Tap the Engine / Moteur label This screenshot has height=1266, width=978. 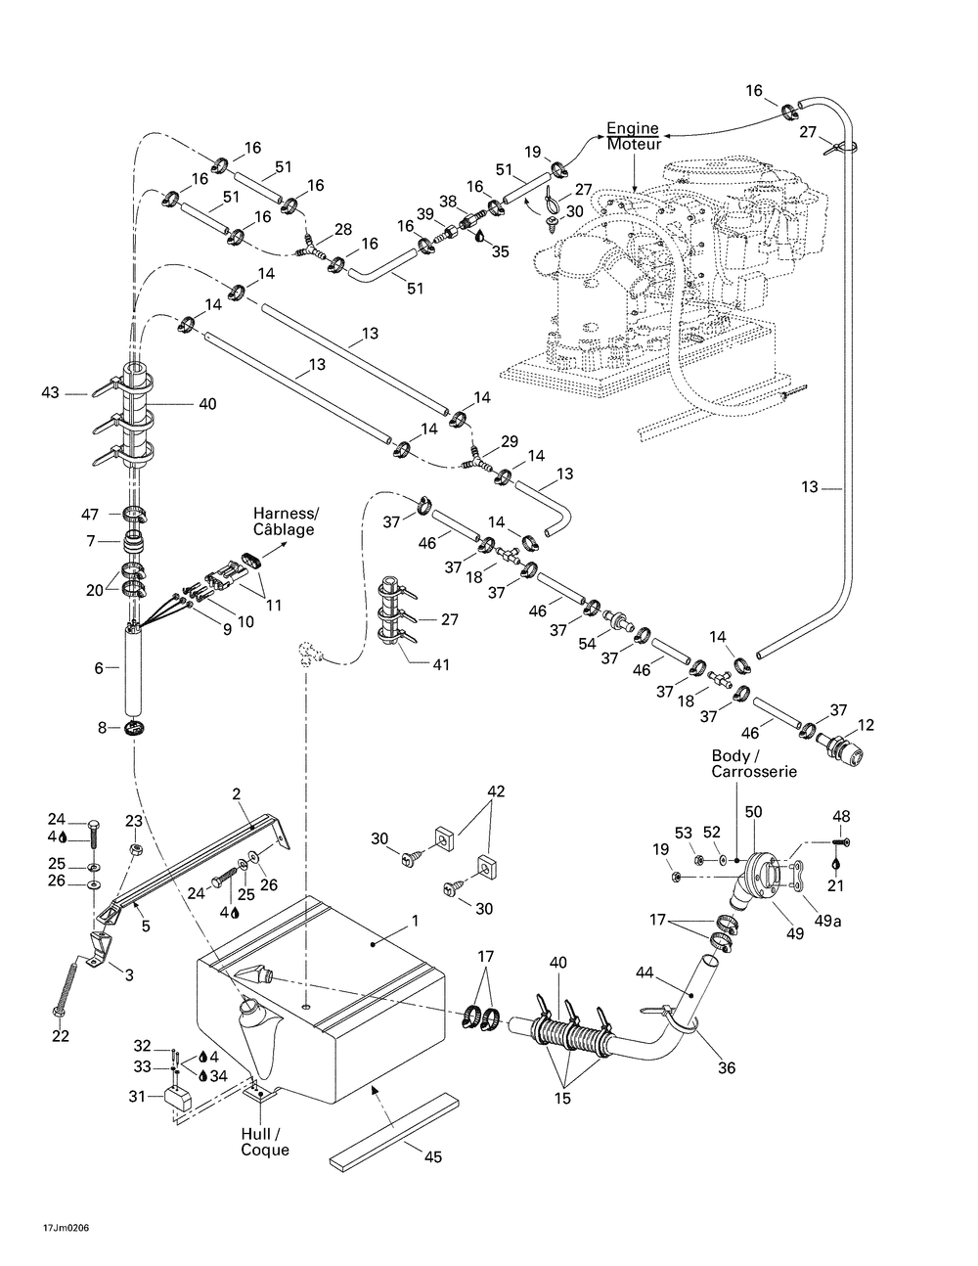[634, 137]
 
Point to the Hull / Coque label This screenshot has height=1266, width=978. [265, 1142]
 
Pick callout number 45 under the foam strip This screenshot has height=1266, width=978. [432, 1156]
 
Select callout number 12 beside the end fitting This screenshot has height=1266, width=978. [867, 725]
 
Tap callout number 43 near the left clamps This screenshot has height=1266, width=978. [51, 393]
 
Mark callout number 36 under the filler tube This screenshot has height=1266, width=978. [727, 1068]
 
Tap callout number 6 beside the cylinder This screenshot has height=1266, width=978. [99, 667]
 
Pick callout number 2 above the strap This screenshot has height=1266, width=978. [236, 794]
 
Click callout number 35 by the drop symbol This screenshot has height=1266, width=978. [501, 251]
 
